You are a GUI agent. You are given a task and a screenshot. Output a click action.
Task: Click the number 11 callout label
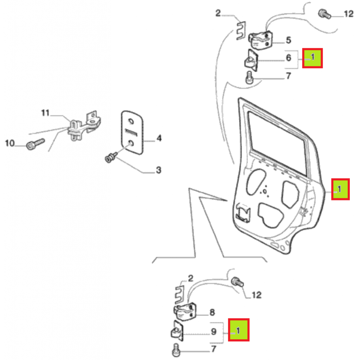pos(45,113)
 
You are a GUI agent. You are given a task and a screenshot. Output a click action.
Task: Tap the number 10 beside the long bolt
pos(10,143)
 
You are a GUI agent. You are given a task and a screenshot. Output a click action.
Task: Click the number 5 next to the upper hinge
pos(288,40)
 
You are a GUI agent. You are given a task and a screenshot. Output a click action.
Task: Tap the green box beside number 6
pos(312,58)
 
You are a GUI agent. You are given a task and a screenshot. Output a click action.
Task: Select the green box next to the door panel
pos(340,189)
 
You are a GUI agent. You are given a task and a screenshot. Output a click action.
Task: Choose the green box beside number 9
pos(239,330)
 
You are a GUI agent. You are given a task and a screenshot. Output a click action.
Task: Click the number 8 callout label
pos(212,312)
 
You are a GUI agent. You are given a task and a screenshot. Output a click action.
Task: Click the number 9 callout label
pos(213,332)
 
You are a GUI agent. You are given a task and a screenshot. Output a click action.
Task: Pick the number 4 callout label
pos(159,139)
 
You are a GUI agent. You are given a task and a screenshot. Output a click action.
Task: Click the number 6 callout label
pos(288,58)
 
